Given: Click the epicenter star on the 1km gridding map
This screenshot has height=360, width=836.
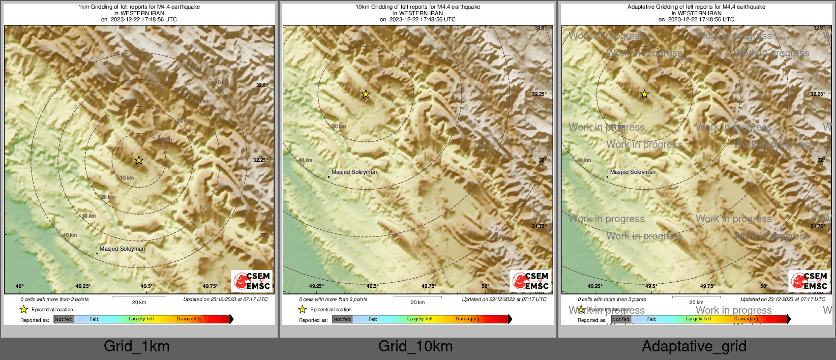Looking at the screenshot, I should tap(139, 161).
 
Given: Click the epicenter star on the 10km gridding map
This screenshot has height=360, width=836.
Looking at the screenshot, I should tap(366, 94).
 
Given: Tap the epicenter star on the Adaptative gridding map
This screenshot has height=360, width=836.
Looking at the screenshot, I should tap(644, 94).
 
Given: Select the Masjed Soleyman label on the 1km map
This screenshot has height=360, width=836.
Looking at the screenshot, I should tap(122, 249).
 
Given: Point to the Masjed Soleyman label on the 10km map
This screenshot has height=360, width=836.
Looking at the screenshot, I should tap(354, 172).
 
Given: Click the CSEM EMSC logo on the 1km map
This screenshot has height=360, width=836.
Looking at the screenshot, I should tap(252, 281).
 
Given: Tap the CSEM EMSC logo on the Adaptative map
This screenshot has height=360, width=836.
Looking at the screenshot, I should tap(809, 281).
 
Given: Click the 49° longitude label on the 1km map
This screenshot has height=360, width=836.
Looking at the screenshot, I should tap(19, 286).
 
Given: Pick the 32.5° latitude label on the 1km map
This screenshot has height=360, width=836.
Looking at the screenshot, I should tap(261, 85).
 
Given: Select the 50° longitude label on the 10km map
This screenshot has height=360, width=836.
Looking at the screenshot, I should tap(485, 286).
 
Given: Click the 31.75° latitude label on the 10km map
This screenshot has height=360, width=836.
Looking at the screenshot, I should tap(539, 226).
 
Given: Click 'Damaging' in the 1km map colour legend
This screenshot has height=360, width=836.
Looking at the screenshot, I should tap(189, 319).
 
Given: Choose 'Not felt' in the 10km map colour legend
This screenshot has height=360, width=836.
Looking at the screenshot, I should tap(342, 319).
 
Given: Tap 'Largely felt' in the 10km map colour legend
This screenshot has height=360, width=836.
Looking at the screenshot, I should tap(420, 319).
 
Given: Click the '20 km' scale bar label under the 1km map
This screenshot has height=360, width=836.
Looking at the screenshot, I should tap(139, 303).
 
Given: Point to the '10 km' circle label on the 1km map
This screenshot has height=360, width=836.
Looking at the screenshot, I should tap(127, 178).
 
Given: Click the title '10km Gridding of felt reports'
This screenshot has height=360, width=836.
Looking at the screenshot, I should tap(417, 7).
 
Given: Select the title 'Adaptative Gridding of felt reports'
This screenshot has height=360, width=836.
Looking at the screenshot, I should tap(696, 7).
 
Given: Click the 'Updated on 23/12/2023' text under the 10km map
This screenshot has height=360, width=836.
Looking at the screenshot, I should tap(504, 299).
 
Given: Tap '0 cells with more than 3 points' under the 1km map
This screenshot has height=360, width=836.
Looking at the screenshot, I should tap(54, 299).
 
